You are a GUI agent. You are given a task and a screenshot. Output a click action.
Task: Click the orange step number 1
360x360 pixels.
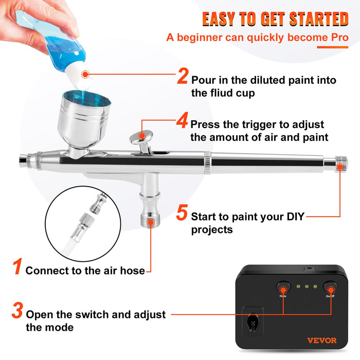coord(17,267)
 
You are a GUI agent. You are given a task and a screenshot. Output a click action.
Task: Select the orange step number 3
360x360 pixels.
coord(17,311)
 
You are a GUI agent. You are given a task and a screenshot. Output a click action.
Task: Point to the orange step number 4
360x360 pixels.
coord(182,121)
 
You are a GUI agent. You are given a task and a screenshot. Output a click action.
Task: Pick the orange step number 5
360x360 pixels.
coord(182,212)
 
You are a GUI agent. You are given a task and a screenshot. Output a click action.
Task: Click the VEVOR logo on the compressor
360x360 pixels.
coord(321,340)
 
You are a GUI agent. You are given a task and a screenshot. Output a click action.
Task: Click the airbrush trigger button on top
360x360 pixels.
coord(142,137)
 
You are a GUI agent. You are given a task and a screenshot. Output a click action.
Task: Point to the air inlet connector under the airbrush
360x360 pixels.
coord(150,211)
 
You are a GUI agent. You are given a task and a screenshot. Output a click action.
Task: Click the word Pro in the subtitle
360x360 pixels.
coord(338,38)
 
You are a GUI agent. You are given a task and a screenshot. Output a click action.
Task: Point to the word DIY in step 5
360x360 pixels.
coord(294,217)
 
